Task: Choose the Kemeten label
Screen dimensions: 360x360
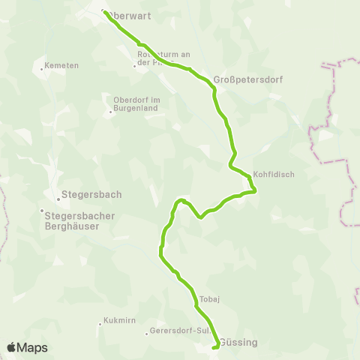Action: click(x=61, y=65)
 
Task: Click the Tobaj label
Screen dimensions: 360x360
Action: click(x=209, y=298)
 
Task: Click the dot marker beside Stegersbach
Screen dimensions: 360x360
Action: click(x=58, y=199)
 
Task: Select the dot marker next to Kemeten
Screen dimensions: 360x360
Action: click(x=41, y=69)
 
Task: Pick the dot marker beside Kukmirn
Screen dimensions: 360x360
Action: click(x=100, y=324)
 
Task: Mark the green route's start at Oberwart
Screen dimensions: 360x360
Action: click(x=103, y=11)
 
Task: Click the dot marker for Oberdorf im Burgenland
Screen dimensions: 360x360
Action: click(x=111, y=112)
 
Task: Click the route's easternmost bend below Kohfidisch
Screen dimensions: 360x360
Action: click(x=256, y=190)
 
